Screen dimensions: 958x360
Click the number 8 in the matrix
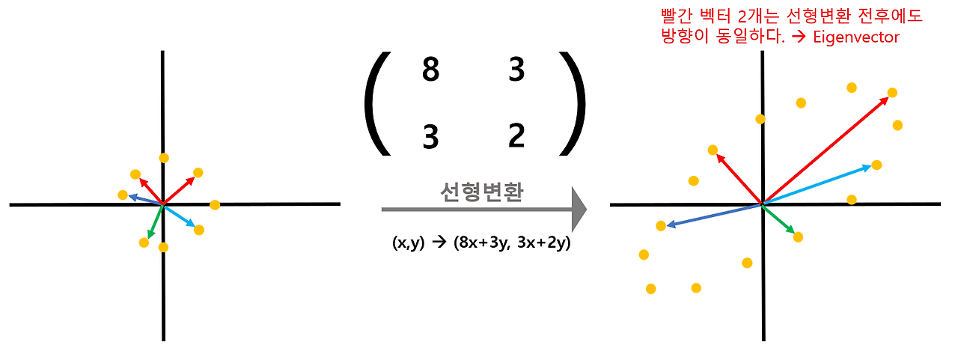click(430, 72)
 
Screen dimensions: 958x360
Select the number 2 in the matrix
click(516, 136)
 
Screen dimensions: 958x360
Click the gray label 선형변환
click(481, 192)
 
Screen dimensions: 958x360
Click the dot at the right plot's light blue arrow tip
click(876, 165)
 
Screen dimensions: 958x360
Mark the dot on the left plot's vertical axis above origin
click(164, 158)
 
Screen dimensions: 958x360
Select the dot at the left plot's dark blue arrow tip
click(123, 195)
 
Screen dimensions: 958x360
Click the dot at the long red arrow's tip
click(892, 93)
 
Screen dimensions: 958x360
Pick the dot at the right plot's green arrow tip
click(798, 237)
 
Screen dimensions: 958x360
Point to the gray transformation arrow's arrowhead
click(577, 210)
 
